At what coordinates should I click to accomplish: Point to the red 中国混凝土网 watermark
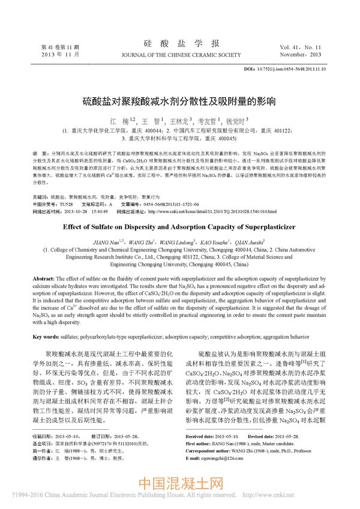pos(181,482)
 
